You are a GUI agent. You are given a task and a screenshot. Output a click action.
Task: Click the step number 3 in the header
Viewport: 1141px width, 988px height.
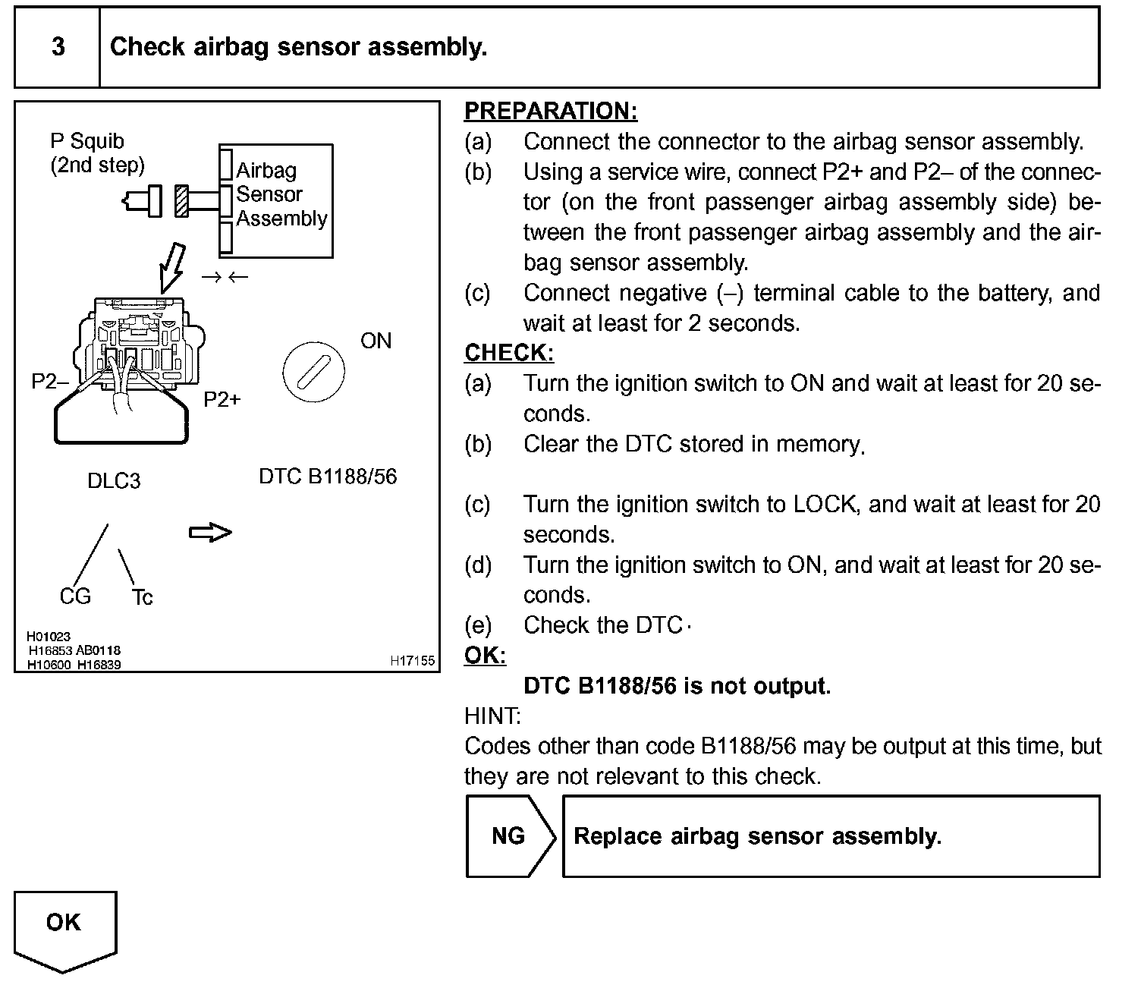[x=58, y=47]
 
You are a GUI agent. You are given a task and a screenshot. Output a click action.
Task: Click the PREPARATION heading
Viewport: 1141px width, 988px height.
[x=550, y=112]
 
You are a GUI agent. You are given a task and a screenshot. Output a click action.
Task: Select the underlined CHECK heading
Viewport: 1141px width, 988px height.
[x=508, y=353]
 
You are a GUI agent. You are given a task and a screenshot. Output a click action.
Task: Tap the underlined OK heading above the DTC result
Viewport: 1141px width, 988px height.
[x=485, y=656]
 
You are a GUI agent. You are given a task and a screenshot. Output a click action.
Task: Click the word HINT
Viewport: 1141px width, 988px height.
[x=492, y=716]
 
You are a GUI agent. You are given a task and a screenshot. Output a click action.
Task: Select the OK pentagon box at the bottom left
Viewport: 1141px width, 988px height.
[x=64, y=927]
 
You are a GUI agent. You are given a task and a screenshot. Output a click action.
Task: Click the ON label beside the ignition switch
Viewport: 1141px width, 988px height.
[x=376, y=341]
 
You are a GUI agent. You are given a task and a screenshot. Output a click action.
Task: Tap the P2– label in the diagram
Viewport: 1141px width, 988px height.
[x=49, y=382]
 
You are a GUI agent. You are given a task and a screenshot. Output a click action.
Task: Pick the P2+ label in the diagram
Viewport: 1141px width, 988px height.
[x=222, y=399]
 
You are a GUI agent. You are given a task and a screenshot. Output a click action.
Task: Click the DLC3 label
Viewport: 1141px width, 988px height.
[x=114, y=481]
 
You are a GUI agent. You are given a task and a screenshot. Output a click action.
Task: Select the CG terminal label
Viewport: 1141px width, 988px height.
[x=75, y=596]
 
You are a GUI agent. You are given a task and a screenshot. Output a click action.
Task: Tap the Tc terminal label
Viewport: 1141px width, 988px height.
[x=142, y=598]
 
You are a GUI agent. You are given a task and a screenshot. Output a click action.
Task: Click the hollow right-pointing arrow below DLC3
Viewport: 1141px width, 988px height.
[x=210, y=533]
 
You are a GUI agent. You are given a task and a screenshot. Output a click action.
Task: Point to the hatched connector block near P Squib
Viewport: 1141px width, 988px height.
[x=181, y=201]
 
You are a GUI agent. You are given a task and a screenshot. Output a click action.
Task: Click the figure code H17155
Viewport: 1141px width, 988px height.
[x=412, y=661]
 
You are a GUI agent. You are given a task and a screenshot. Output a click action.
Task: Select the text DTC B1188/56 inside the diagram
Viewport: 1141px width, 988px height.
[x=328, y=477]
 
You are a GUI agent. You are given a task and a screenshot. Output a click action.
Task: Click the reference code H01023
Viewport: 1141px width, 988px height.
[x=49, y=637]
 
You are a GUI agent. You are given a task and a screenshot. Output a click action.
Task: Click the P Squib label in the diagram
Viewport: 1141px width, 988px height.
[x=86, y=141]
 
